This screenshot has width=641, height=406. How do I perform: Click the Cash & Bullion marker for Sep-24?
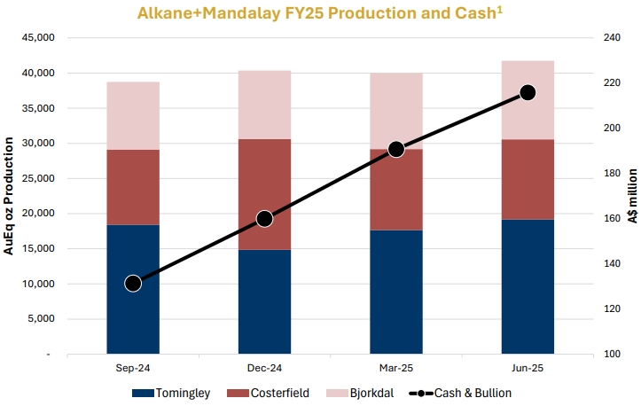133,284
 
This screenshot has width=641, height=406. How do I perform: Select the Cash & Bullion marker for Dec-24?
264,219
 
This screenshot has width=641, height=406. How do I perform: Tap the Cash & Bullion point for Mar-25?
396,149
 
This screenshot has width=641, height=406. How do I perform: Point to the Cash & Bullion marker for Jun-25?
528,93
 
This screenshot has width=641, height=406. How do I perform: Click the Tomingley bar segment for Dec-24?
264,301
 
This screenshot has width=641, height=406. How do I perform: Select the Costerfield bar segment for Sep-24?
133,187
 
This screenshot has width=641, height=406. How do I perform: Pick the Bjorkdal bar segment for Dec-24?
264,105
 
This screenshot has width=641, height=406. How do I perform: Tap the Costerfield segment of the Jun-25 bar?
528,180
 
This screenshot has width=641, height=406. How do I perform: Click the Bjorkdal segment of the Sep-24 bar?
133,116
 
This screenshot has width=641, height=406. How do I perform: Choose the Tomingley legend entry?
171,393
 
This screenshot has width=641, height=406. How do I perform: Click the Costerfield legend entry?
268,393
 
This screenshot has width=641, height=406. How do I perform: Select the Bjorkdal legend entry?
360,393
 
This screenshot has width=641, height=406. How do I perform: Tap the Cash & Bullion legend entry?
460,393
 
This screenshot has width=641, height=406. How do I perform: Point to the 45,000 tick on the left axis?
38,37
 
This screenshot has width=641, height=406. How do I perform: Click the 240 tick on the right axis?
612,37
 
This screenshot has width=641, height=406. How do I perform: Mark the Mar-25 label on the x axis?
396,368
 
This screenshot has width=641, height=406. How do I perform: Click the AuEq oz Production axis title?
9,196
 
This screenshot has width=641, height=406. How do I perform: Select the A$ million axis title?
632,196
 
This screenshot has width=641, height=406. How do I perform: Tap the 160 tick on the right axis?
612,218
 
